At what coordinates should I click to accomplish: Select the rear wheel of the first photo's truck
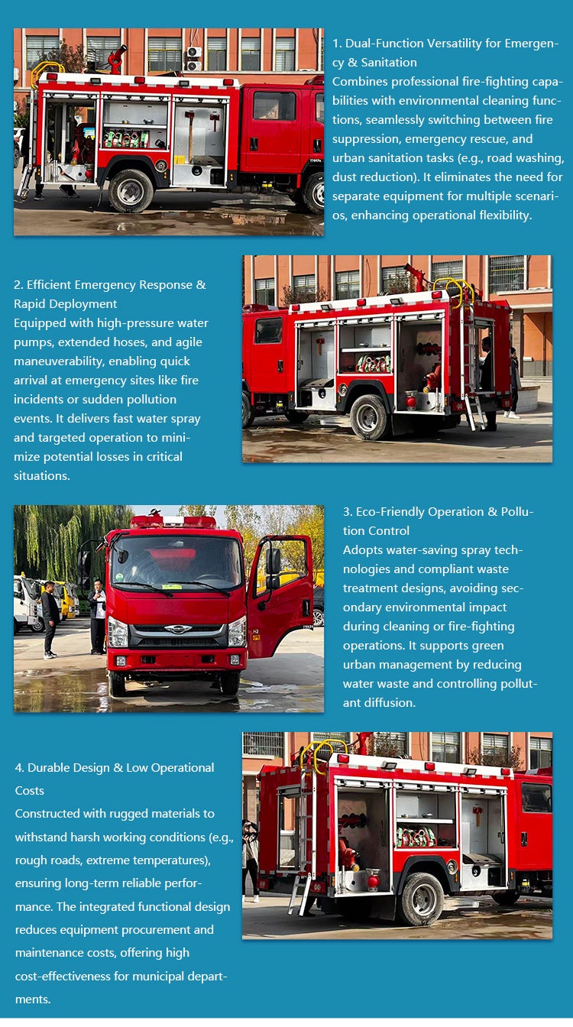pos(131,191)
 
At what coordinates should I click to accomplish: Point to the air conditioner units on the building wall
pos(194,59)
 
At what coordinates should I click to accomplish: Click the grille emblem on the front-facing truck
pos(178,629)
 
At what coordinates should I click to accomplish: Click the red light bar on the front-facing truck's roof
pos(173,522)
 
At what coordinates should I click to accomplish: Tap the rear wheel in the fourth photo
pos(421,899)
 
